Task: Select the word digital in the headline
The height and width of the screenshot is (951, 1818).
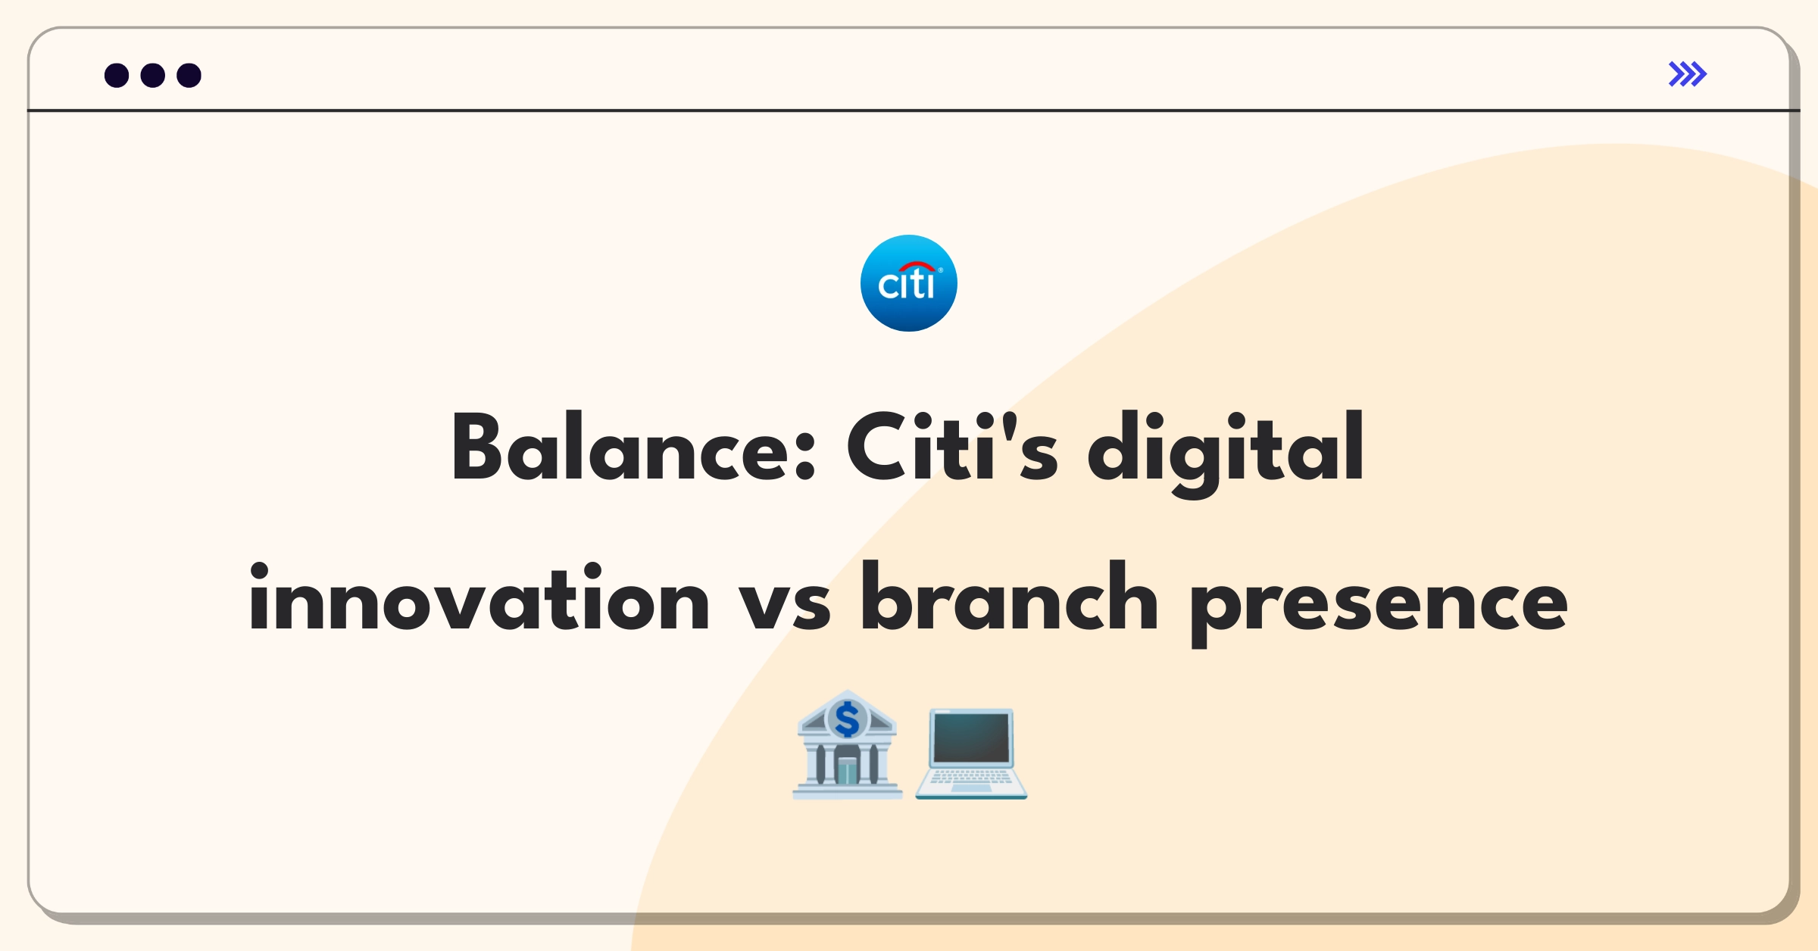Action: (x=1226, y=453)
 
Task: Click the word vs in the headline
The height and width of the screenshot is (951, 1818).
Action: (x=785, y=606)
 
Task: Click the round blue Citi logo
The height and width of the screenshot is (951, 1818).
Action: (x=909, y=283)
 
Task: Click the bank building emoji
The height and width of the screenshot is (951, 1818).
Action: (x=847, y=745)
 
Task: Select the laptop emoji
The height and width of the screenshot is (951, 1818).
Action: (x=971, y=753)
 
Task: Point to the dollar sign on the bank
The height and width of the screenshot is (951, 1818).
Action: (x=848, y=719)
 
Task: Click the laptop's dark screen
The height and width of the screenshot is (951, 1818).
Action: (x=972, y=737)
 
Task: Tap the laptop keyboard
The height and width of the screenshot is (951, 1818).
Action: (x=971, y=777)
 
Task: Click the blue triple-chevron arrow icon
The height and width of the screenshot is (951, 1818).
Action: (x=1688, y=74)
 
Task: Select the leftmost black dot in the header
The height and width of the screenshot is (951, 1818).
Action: (x=117, y=75)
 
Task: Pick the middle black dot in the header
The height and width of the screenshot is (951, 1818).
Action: (x=153, y=75)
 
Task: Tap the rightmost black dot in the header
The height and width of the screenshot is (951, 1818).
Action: (x=189, y=75)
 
